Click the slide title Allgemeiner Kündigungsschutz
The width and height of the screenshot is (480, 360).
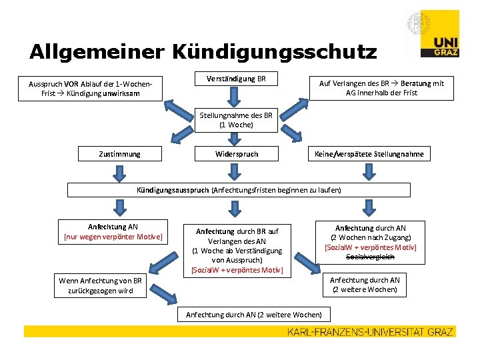pos(203,51)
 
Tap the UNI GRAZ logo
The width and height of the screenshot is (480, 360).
pos(439,45)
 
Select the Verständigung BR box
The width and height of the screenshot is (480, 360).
pos(236,79)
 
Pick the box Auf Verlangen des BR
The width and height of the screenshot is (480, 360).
pos(381,88)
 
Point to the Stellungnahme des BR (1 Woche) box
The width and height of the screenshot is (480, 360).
pos(236,120)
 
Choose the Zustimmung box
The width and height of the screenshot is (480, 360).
pos(119,154)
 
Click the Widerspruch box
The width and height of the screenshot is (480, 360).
pos(236,154)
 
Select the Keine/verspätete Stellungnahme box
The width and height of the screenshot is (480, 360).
pos(369,154)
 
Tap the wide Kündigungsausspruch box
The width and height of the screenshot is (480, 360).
pos(239,190)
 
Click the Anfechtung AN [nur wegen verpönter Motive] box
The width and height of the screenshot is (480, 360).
pos(113,231)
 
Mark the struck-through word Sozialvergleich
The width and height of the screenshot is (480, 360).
pos(370,257)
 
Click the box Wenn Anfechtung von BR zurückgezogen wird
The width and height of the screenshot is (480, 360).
pos(100,286)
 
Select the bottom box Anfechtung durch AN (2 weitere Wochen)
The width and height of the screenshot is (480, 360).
pos(253,314)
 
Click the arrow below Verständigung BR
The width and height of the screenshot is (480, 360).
pos(236,98)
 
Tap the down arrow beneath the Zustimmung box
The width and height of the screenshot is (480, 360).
pos(119,173)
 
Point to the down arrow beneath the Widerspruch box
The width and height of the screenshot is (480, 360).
pos(236,173)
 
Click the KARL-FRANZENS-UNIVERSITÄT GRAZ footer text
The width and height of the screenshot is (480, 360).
pos(371,331)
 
